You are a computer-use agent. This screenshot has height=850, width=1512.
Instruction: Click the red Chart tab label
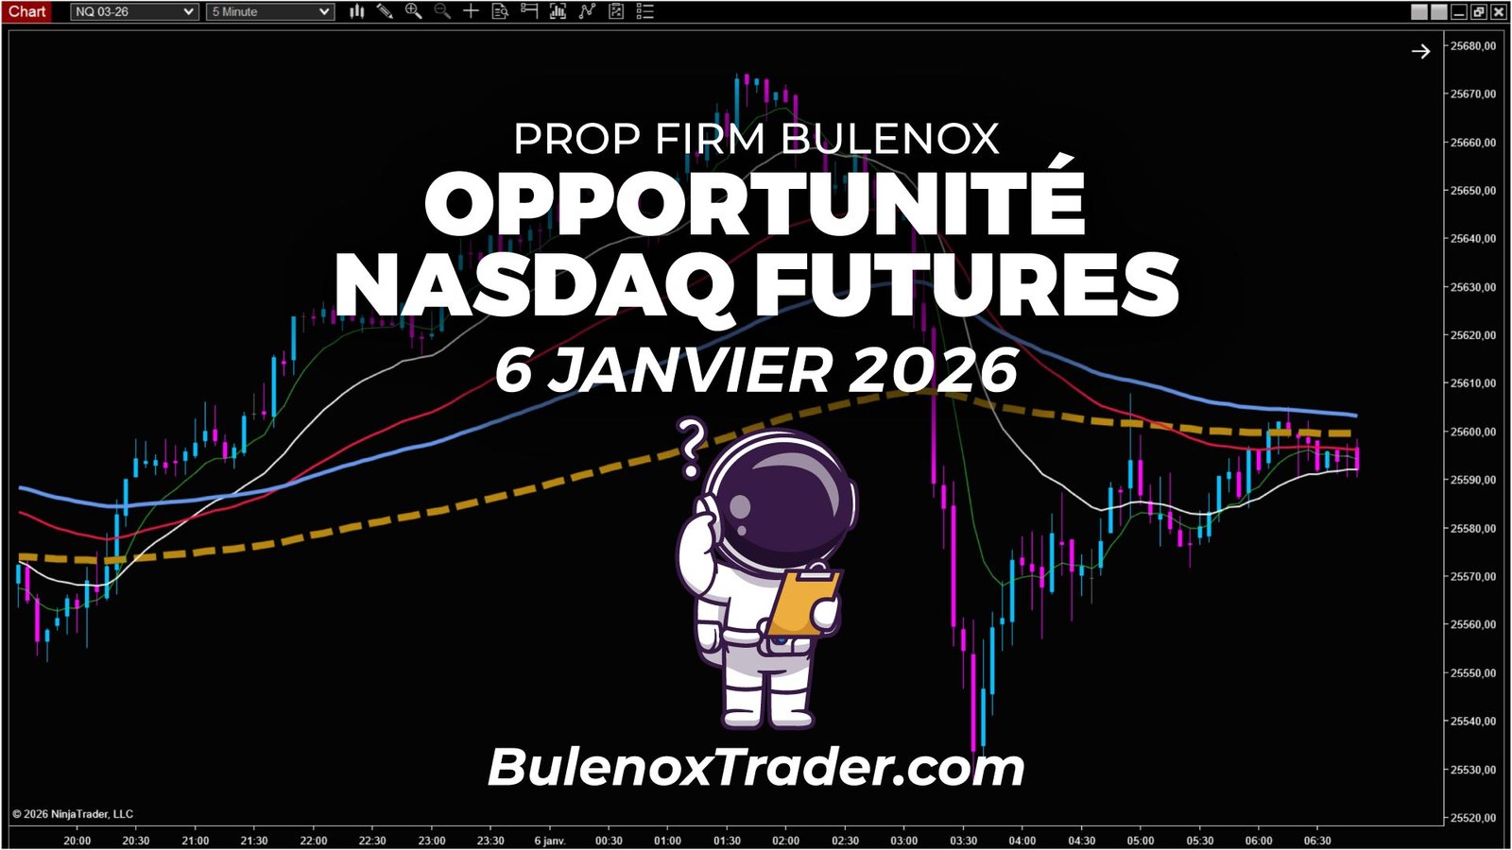[x=27, y=11]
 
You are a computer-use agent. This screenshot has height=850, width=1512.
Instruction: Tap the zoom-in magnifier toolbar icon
[x=413, y=11]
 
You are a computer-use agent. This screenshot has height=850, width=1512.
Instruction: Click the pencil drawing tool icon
[x=385, y=11]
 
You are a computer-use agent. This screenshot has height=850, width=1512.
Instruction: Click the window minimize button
[x=1458, y=11]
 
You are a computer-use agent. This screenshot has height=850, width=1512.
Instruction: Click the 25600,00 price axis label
[x=1472, y=432]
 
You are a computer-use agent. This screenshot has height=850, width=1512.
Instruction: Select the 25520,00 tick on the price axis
[x=1472, y=818]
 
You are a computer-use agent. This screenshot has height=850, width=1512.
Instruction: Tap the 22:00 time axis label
[x=314, y=841]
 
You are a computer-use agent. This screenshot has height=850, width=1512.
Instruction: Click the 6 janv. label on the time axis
[x=549, y=841]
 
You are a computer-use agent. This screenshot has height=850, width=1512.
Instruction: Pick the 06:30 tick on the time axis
[x=1317, y=841]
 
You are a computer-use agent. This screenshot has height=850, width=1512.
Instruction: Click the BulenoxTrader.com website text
[x=756, y=767]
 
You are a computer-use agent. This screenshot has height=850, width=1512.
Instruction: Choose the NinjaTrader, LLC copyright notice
[x=73, y=814]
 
